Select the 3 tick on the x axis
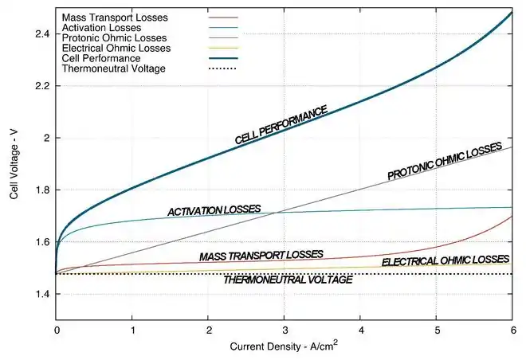pyautogui.click(x=285, y=329)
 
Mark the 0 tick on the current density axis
pyautogui.click(x=57, y=329)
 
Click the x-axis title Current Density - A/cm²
pyautogui.click(x=285, y=347)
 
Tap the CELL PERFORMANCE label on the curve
pyautogui.click(x=281, y=125)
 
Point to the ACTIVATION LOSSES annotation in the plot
pyautogui.click(x=214, y=210)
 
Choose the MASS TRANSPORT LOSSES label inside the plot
pyautogui.click(x=261, y=256)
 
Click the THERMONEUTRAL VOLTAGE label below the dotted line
pyautogui.click(x=288, y=280)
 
